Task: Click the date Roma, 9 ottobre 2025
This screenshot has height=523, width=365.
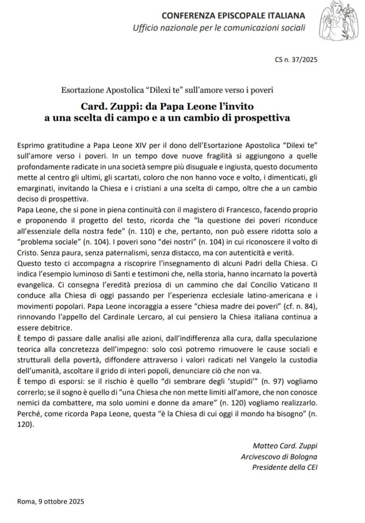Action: (x=49, y=502)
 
